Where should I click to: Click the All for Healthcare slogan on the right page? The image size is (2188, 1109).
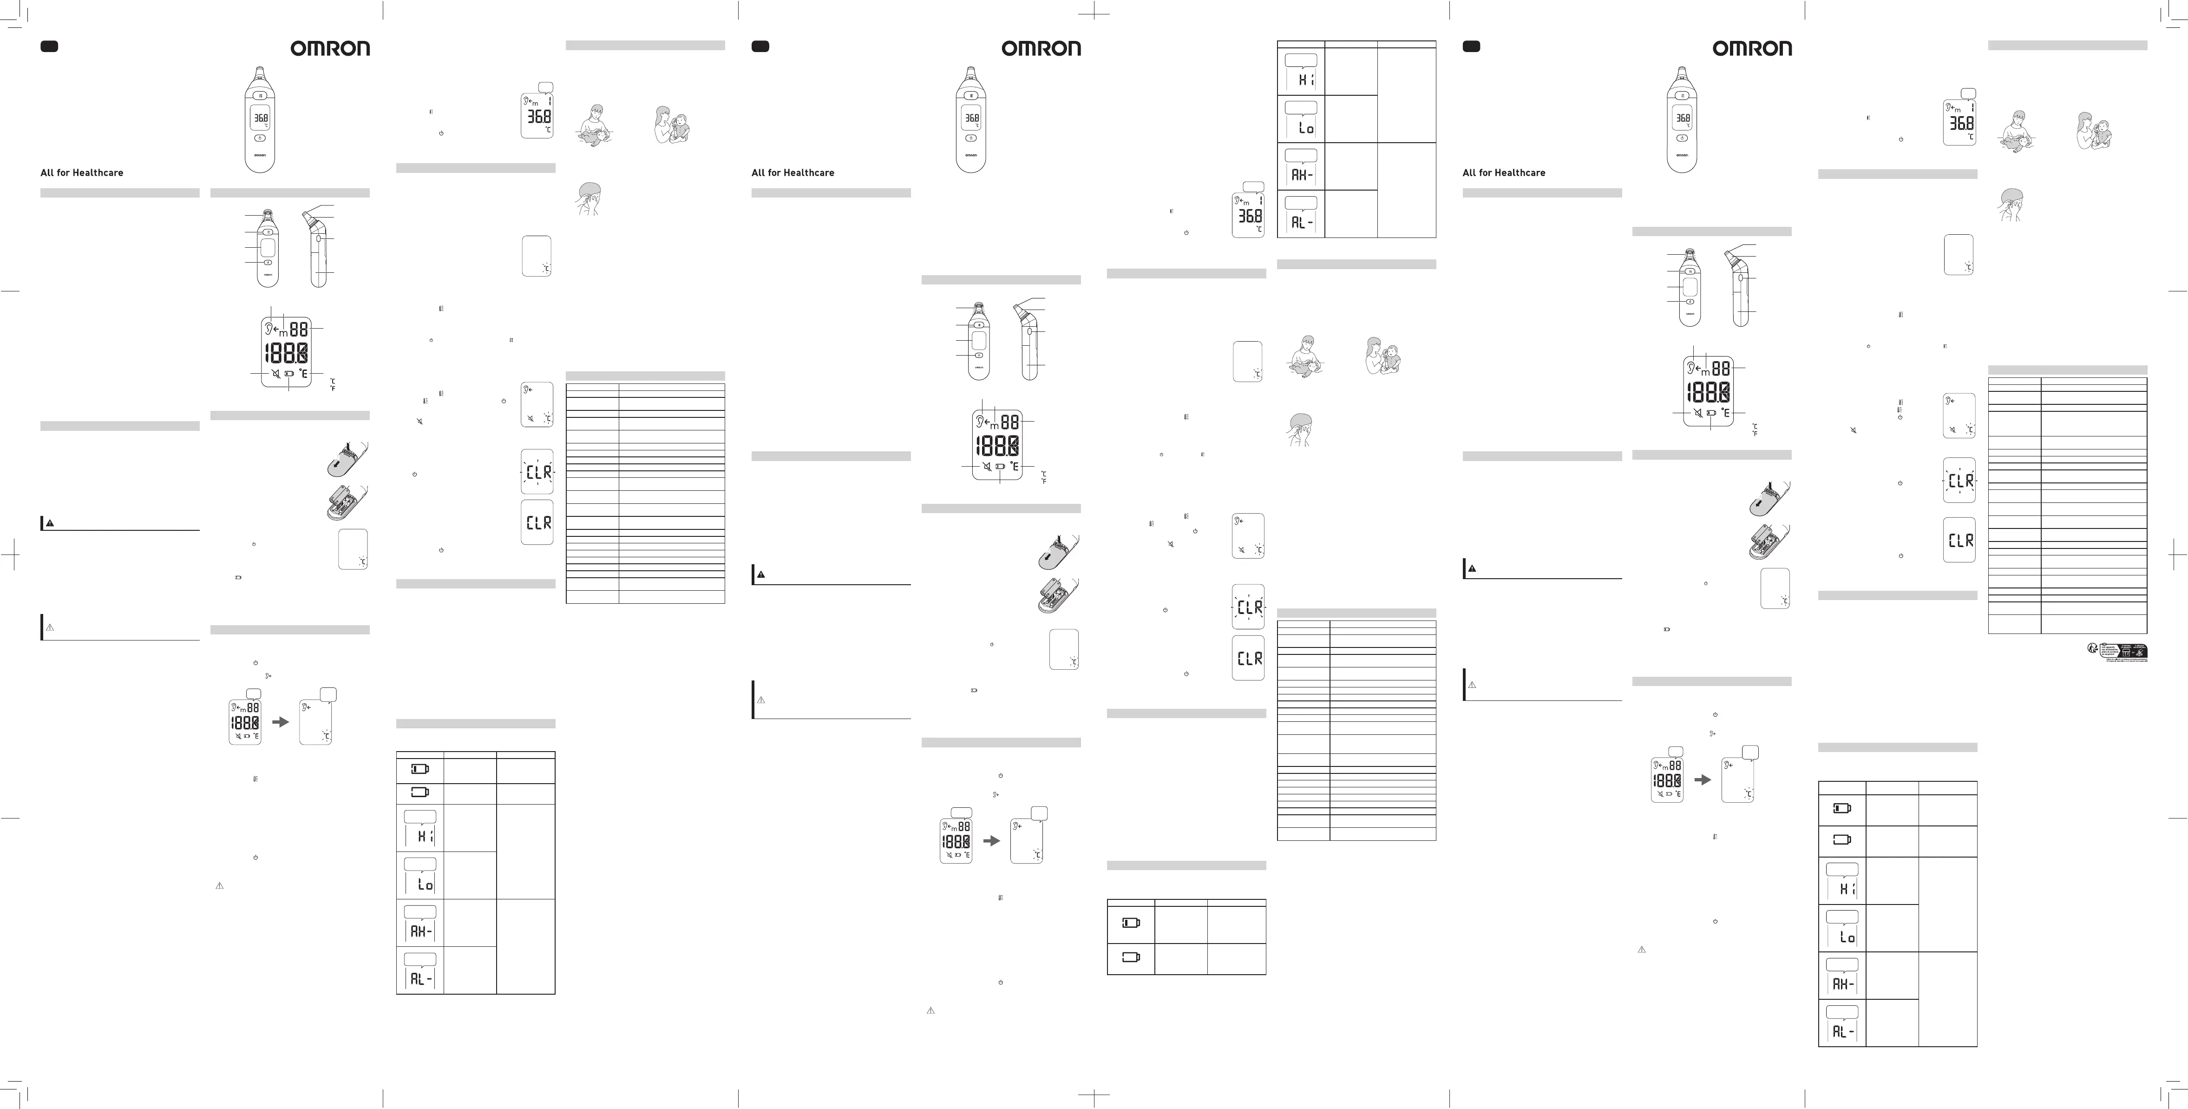coord(1503,172)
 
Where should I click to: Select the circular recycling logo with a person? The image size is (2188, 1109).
coord(2092,649)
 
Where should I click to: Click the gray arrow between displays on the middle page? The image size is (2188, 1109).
coord(991,839)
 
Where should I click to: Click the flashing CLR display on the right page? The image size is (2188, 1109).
coord(1959,480)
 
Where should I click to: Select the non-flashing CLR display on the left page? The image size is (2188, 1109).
coord(537,522)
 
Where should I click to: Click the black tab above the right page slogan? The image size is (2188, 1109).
coord(1471,47)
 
